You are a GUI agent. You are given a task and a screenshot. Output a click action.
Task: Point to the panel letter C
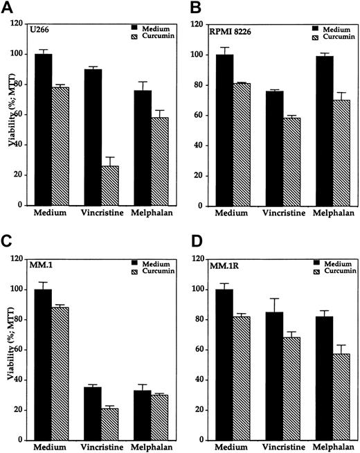(x=10, y=240)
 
